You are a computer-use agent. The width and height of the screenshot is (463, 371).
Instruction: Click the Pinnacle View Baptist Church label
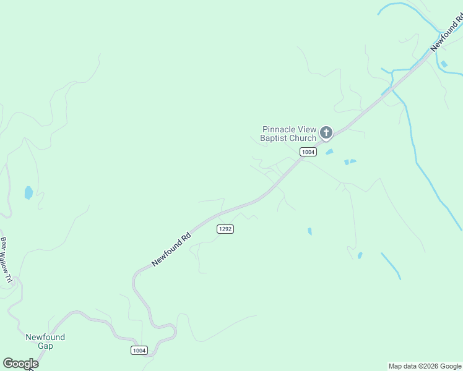[288, 134]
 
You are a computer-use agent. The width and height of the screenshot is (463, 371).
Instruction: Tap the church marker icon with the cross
[326, 132]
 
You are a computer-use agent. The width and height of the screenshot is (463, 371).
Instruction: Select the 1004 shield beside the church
[308, 152]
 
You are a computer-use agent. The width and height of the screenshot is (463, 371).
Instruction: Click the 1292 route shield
[225, 229]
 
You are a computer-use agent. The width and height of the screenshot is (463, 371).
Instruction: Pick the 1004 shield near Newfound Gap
[139, 351]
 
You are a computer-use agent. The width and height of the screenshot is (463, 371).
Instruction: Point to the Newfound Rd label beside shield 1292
[171, 249]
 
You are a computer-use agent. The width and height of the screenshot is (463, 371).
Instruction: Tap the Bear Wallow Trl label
[6, 260]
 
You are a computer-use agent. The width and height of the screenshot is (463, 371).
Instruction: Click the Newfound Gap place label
[45, 341]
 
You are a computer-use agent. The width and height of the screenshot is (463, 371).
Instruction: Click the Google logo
[20, 364]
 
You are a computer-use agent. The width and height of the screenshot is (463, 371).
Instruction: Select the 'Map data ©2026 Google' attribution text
[425, 366]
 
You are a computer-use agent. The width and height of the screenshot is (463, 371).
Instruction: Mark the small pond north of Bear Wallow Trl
[28, 193]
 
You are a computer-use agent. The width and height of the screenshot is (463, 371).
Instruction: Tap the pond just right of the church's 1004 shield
[329, 152]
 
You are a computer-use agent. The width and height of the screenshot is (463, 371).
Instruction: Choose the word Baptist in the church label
[274, 138]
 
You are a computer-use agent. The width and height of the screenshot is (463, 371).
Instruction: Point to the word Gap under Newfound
[45, 346]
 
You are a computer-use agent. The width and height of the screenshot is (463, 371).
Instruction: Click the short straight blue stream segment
[391, 265]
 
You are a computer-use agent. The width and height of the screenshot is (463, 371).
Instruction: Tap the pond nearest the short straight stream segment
[360, 255]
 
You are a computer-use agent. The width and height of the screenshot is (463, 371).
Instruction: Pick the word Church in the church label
[303, 138]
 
